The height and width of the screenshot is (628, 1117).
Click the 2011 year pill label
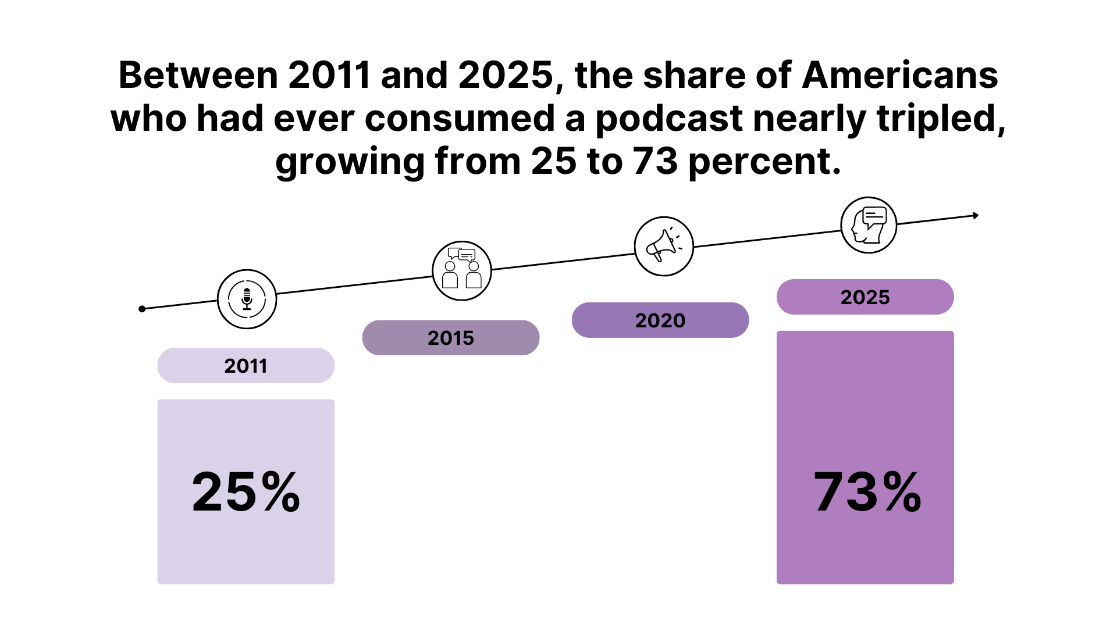[x=246, y=366]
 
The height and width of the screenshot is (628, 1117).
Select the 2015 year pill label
[x=451, y=338]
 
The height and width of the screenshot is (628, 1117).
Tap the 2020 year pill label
[x=660, y=320]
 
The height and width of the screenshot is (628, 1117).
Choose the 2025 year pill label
[x=865, y=297]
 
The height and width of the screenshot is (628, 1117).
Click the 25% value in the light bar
[x=246, y=492]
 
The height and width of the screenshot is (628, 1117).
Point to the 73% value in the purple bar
[x=867, y=492]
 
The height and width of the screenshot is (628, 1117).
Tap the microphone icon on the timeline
[x=247, y=299]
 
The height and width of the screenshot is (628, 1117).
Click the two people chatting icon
[x=462, y=270]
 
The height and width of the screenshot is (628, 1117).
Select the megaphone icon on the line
[x=664, y=246]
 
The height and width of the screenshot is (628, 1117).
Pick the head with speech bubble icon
[x=869, y=225]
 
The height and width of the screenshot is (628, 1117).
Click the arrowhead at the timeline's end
[x=976, y=216]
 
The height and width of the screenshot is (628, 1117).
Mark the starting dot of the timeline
[x=142, y=309]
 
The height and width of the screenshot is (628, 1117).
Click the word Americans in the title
[x=900, y=76]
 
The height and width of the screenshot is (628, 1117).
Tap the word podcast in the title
[x=668, y=119]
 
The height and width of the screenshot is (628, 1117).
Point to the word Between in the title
[x=198, y=76]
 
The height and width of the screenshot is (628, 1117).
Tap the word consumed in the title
[x=460, y=119]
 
